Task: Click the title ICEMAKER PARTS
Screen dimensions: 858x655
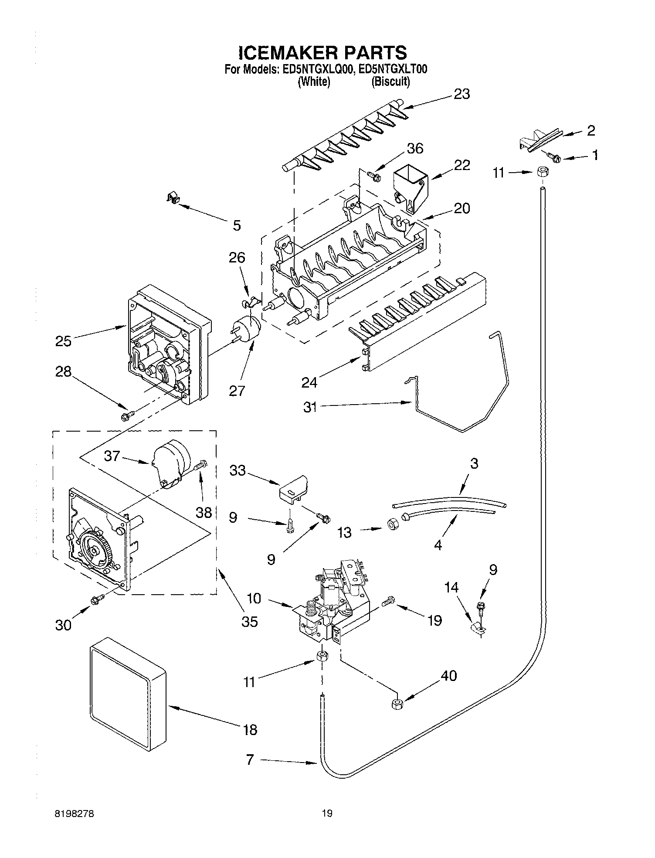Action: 322,53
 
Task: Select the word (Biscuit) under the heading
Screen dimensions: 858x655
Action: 390,82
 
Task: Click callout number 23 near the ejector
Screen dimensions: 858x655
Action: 462,94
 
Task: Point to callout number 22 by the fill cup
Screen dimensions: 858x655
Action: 462,165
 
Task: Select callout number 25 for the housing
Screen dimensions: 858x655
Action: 64,340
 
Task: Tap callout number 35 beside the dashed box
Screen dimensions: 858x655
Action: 249,621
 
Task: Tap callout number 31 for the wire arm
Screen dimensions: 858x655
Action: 310,408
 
